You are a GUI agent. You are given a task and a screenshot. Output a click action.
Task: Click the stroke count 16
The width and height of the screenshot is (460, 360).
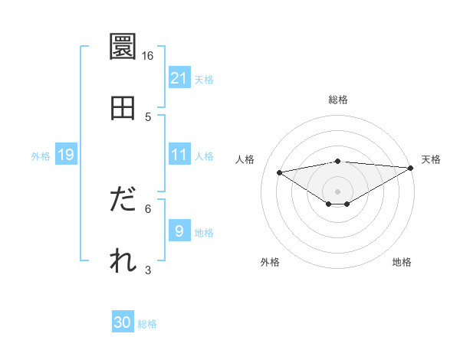[x=148, y=56]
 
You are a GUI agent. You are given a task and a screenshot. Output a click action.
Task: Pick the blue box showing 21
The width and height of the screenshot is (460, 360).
[x=179, y=78]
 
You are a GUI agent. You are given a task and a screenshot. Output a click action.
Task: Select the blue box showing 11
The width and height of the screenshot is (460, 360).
[x=179, y=155]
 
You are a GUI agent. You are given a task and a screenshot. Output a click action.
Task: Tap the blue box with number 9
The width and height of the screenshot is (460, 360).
[x=179, y=231]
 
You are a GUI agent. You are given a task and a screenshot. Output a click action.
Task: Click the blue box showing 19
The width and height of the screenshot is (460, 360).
[x=65, y=155]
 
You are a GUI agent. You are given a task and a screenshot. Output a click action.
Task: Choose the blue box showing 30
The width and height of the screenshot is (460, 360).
[x=123, y=322]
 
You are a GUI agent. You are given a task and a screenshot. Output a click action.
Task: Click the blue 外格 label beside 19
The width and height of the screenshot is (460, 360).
[x=41, y=155]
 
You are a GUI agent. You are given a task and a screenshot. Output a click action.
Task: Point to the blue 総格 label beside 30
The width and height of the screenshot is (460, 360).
[x=147, y=324]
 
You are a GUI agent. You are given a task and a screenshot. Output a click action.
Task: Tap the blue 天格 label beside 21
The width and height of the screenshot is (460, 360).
[x=204, y=79]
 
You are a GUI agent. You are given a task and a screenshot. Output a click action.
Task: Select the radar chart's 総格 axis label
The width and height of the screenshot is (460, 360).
[x=338, y=100]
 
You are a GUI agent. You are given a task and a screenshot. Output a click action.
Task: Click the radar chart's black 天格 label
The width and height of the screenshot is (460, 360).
[x=431, y=159]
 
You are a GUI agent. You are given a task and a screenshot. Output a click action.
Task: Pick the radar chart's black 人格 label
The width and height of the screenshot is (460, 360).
[x=245, y=159]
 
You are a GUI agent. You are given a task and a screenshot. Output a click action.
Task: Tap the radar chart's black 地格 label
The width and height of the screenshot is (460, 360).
[x=402, y=262]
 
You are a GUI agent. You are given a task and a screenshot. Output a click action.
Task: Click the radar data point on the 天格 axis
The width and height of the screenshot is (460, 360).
[x=411, y=168]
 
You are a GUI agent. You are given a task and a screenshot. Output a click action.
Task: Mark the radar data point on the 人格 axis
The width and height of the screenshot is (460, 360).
[x=279, y=172]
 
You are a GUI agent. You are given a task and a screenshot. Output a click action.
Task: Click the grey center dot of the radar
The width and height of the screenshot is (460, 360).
[x=338, y=191]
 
